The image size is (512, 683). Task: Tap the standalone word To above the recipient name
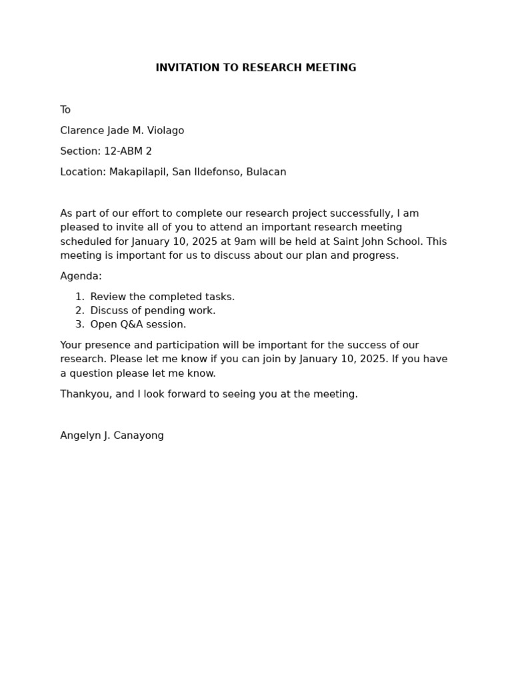(x=65, y=110)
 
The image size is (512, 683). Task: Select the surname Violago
(x=165, y=131)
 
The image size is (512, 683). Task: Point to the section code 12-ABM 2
(x=128, y=151)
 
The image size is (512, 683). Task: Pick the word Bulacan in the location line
(x=266, y=172)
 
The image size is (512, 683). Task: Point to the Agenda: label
(x=81, y=276)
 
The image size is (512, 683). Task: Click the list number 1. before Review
(x=79, y=297)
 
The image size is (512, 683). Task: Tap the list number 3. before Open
(x=79, y=325)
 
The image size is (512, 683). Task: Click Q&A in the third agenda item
(x=129, y=325)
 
